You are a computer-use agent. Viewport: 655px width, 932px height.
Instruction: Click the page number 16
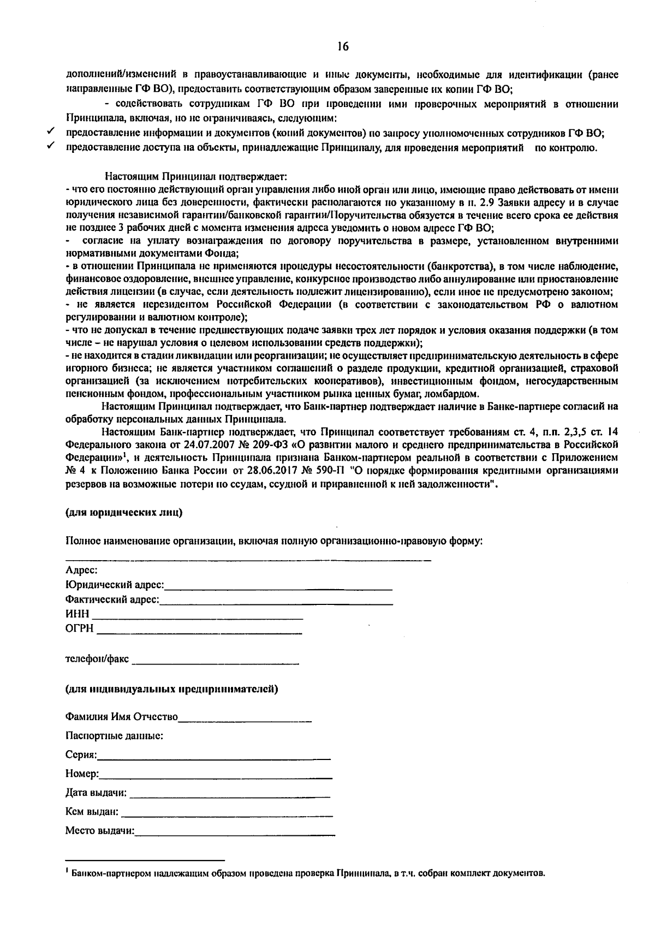(343, 47)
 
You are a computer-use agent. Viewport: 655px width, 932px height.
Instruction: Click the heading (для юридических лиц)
(124, 513)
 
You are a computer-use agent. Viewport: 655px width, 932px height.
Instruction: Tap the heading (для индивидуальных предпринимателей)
(171, 688)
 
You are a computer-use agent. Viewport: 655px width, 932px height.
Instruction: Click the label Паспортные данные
(114, 735)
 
